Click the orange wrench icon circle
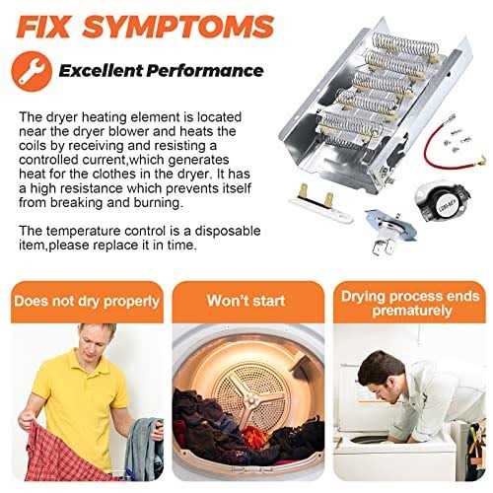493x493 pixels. pos(32,71)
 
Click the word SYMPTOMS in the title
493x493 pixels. pos(178,26)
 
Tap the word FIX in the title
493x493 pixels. pos(43,26)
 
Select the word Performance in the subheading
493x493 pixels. pos(204,71)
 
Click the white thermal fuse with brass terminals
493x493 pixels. pos(319,205)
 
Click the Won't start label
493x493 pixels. pos(246,301)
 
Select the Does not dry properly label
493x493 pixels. pos(87,302)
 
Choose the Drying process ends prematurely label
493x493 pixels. pos(410,304)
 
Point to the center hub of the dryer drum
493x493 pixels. pos(251,398)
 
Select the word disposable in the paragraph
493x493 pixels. pos(228,231)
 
